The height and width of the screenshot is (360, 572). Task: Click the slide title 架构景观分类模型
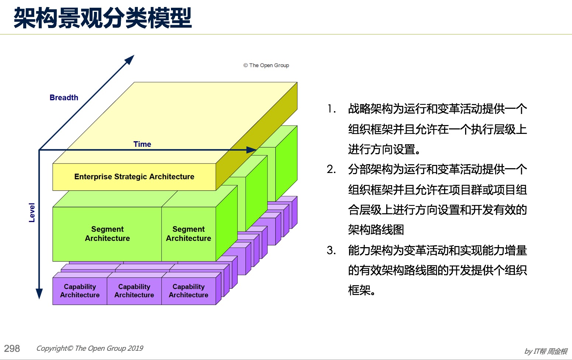pos(103,18)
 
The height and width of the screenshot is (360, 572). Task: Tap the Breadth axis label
pos(64,98)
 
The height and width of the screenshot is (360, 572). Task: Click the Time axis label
pos(142,144)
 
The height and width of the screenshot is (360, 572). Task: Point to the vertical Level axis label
pos(32,212)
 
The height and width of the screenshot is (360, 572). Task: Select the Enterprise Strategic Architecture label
pos(134,177)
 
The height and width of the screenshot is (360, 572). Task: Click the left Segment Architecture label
pos(107,233)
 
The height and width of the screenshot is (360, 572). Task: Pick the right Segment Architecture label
pos(188,233)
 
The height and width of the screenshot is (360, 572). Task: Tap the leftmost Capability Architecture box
pos(80,291)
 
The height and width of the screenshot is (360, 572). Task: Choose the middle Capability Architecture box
pos(134,291)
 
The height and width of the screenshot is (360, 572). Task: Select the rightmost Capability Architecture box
pos(189,291)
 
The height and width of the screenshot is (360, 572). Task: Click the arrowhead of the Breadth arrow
pos(130,59)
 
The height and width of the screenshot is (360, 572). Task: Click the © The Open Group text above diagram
pos(266,65)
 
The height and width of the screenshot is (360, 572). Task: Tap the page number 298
pos(12,349)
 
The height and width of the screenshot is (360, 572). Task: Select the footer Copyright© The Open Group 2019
pos(90,349)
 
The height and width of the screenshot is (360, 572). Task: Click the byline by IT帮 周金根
pos(546,351)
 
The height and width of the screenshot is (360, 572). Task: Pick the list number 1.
pos(331,109)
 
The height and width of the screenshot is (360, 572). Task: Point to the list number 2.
pos(331,169)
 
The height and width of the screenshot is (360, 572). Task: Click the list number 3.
pos(331,250)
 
